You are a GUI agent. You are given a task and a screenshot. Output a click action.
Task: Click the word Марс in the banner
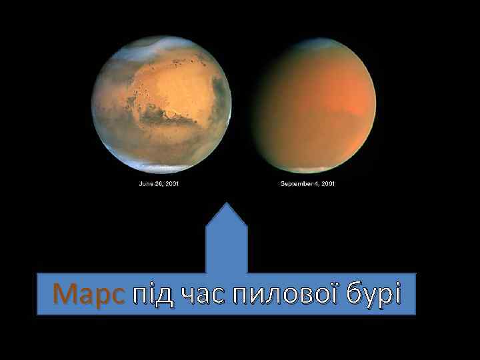pyautogui.click(x=87, y=293)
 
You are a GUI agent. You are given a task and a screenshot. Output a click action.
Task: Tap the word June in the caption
pyautogui.click(x=145, y=183)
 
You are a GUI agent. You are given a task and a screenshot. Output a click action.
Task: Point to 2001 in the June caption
pyautogui.click(x=173, y=183)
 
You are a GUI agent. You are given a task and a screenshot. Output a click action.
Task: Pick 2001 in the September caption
pyautogui.click(x=327, y=183)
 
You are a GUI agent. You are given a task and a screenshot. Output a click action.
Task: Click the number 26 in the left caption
pyautogui.click(x=159, y=183)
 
